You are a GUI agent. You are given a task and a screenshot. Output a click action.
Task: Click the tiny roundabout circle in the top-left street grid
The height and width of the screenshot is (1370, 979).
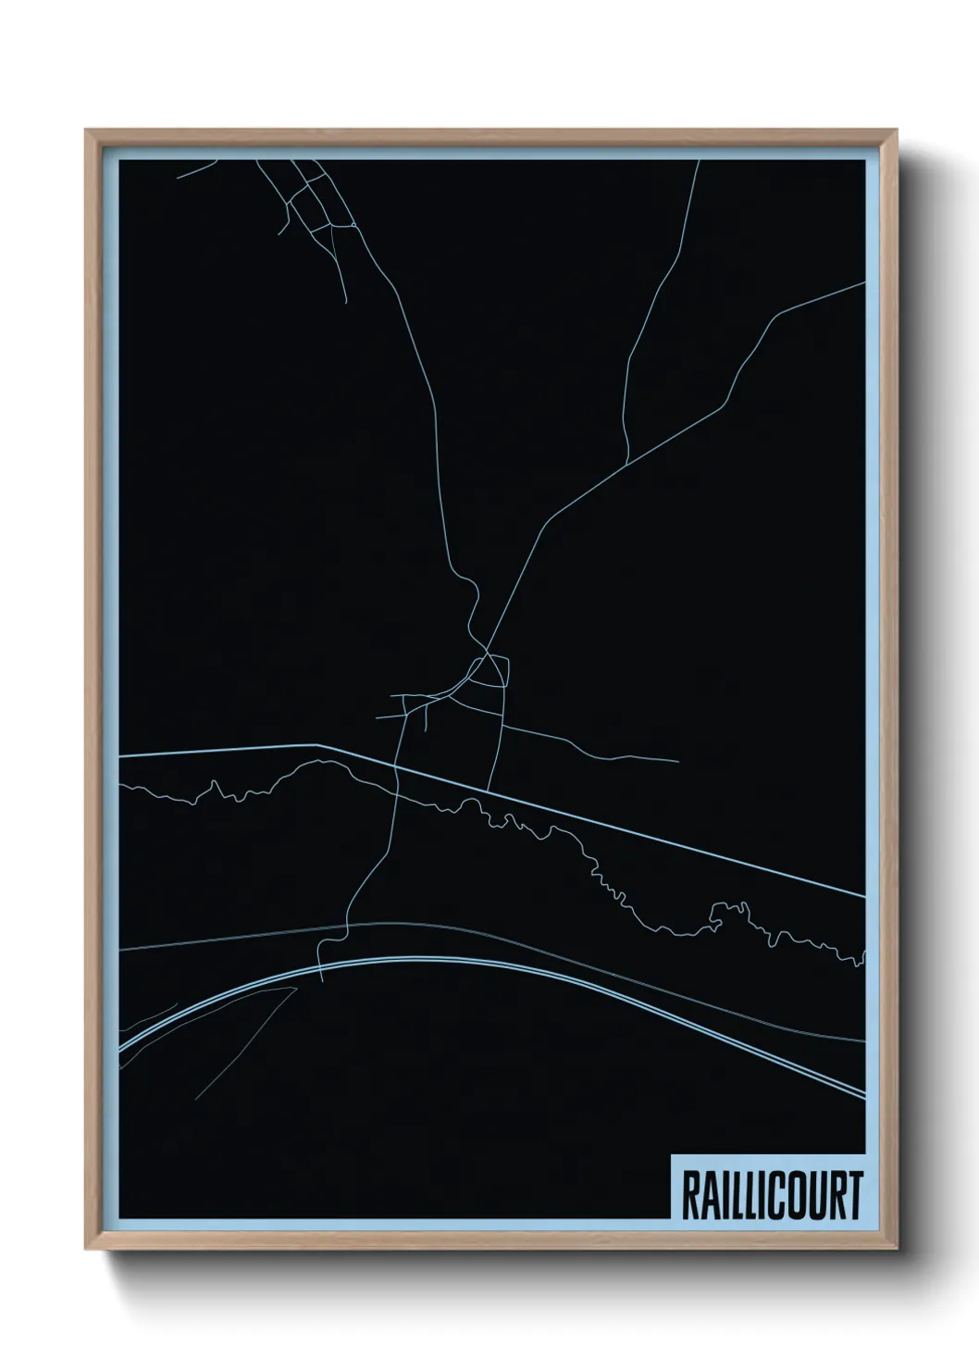click(x=352, y=225)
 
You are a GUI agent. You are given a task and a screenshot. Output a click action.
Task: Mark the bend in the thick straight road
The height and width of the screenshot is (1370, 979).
click(x=317, y=744)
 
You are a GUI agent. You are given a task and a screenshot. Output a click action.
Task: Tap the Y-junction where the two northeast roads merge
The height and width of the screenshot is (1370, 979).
click(x=628, y=463)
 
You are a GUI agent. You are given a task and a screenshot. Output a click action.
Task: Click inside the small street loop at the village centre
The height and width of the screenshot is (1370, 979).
click(x=489, y=671)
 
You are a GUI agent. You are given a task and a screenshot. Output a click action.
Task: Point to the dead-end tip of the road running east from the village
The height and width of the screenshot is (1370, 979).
click(x=678, y=761)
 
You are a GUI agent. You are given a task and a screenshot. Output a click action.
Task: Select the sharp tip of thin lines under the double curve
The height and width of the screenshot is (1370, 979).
click(x=297, y=988)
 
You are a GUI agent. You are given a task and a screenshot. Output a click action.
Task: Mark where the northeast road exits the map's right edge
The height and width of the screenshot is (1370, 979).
click(x=863, y=284)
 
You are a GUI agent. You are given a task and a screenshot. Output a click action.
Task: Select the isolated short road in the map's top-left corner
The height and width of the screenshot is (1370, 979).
click(x=196, y=168)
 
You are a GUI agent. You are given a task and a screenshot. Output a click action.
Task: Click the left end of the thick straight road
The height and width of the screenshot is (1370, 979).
click(x=121, y=756)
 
